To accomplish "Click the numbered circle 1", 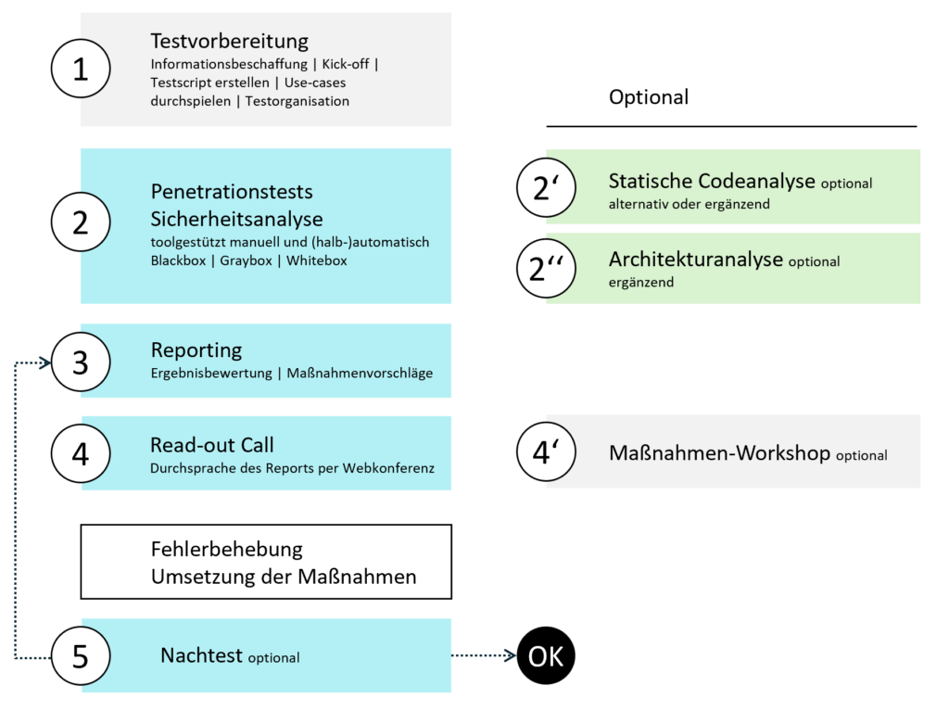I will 81,70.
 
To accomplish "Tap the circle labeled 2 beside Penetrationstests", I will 81,222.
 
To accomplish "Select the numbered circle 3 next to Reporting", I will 81,362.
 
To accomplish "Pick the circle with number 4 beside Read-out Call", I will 81,453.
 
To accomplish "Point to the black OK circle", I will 546,656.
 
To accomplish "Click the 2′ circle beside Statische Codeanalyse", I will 546,187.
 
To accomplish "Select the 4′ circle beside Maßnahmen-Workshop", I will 546,452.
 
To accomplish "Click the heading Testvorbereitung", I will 229,42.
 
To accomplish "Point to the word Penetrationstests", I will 232,193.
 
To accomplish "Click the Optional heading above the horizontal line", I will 649,97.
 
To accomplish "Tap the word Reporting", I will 196,350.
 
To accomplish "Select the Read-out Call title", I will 212,445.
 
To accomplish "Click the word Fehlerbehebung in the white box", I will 227,550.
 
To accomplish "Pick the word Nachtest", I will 202,656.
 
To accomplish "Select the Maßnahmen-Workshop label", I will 720,453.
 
